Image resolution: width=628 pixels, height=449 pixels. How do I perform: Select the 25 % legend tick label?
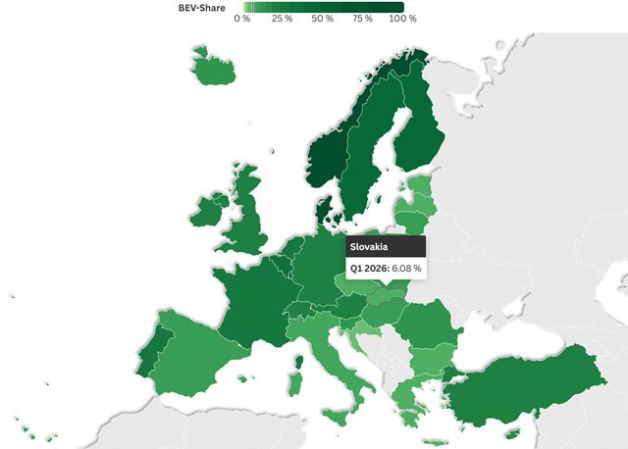tap(283, 19)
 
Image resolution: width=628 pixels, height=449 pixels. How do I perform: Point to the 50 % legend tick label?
tap(323, 19)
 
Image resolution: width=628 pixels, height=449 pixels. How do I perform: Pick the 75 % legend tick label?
tap(364, 19)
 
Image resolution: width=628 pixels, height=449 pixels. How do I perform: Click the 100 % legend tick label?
tap(404, 19)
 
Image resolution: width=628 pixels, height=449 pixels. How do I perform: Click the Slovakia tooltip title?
tap(370, 247)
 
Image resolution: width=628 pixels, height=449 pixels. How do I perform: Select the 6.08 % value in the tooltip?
tap(406, 268)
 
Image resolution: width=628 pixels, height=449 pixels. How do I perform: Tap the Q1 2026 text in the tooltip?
tap(369, 268)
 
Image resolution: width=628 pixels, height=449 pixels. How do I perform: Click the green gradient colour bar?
tap(323, 7)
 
